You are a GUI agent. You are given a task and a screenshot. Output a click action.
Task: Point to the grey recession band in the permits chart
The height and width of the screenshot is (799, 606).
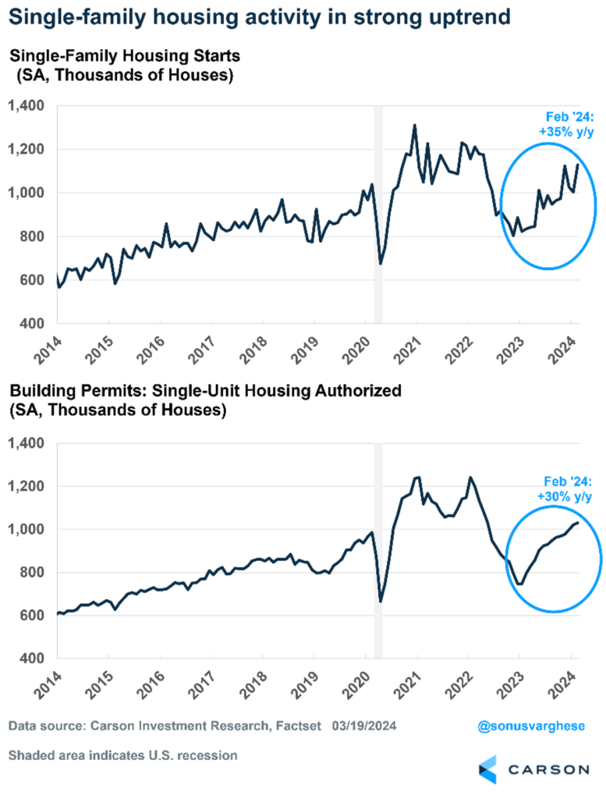click(x=379, y=546)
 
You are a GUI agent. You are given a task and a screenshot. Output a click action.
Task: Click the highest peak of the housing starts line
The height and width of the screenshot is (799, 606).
click(x=414, y=125)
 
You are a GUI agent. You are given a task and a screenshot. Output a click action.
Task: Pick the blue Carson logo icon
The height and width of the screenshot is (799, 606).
click(x=487, y=769)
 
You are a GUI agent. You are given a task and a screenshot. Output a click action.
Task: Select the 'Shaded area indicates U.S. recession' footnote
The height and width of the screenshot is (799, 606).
click(x=123, y=755)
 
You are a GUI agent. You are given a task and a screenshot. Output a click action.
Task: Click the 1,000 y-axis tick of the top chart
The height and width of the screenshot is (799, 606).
click(x=28, y=193)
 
